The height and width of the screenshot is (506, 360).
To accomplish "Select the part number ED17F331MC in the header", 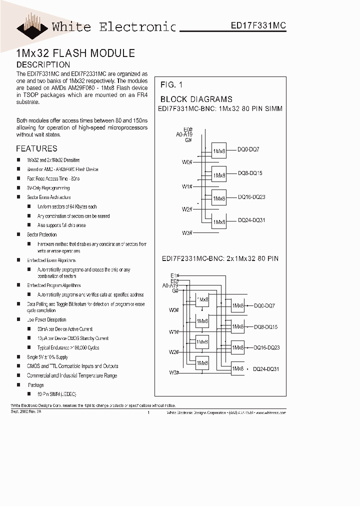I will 258,25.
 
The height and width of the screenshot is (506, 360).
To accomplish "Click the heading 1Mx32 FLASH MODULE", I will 75,53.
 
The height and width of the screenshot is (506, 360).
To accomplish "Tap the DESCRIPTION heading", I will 43,64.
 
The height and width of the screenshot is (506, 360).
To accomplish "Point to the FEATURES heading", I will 36,148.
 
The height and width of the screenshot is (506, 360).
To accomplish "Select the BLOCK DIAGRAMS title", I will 196,99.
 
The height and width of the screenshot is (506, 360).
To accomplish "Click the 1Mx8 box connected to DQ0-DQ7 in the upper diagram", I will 219,150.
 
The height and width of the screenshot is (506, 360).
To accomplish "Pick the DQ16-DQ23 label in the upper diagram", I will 251,197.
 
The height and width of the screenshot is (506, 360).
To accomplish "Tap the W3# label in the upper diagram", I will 187,232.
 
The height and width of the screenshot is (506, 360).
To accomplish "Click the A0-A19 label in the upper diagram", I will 184,134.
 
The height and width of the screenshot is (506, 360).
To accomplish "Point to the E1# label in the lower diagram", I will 174,275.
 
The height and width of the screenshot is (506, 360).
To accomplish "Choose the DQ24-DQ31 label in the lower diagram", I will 266,368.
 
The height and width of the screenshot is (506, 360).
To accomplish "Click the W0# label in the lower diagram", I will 174,310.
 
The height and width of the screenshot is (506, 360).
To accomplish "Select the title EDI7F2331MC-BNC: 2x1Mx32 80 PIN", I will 220,258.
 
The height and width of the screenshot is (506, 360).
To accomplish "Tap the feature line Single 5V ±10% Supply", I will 47,357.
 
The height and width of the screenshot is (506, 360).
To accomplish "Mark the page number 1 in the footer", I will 149,413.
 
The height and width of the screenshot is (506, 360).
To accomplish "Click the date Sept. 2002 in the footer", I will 18,410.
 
